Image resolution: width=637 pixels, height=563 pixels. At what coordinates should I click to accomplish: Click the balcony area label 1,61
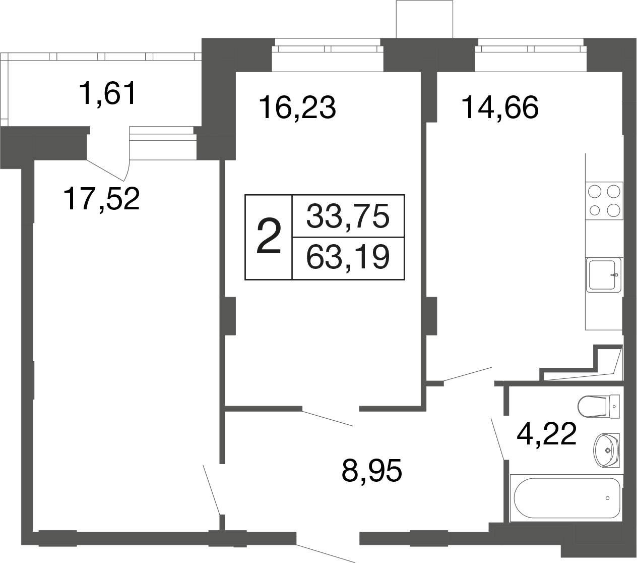[x=108, y=93]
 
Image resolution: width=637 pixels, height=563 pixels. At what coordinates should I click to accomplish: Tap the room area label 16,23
[x=297, y=108]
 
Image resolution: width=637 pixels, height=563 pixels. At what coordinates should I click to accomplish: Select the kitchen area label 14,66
[x=500, y=108]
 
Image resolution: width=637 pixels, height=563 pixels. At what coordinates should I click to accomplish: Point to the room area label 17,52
[x=102, y=199]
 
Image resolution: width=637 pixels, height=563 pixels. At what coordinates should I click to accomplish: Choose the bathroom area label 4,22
[x=546, y=434]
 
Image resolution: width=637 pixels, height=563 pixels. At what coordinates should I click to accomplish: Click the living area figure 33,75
[x=348, y=216]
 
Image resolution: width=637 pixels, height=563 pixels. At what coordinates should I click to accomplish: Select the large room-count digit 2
[x=269, y=237]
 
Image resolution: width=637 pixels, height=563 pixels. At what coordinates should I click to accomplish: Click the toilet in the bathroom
[x=599, y=407]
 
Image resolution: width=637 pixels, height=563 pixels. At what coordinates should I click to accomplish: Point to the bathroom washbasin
[x=607, y=450]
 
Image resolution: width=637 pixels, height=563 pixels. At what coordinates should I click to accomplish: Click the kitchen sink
[x=604, y=275]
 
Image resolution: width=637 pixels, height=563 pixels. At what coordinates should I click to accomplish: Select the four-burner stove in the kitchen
[x=604, y=200]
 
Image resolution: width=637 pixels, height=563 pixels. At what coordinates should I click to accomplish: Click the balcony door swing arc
[x=127, y=171]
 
